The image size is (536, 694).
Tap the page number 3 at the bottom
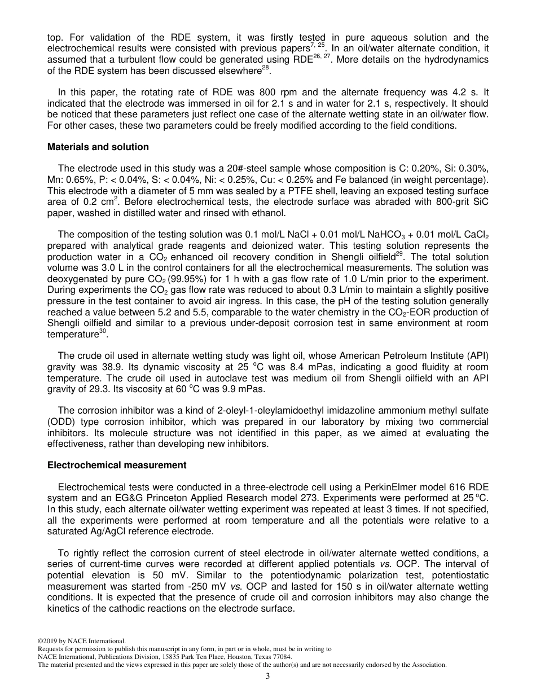(268, 677)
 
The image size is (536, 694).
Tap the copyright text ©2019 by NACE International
(81, 641)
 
